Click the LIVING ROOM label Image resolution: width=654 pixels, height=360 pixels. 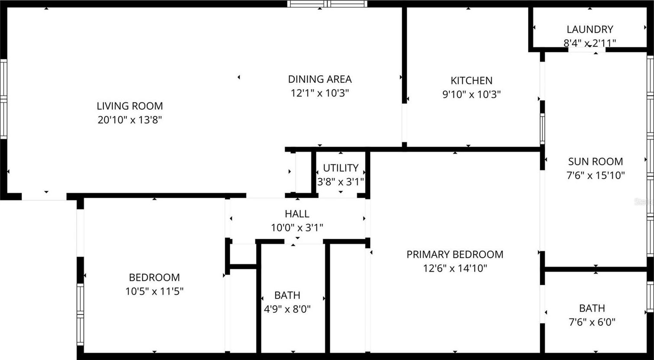[130, 106]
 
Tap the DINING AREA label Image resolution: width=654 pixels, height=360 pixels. [320, 79]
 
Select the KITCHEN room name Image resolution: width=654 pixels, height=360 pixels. [471, 80]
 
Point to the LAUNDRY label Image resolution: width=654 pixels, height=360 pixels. [590, 29]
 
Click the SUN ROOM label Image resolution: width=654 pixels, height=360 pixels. [595, 161]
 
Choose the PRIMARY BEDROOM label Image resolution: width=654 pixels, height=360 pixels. [455, 254]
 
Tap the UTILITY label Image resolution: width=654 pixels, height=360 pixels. [341, 168]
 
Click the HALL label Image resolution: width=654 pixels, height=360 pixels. [297, 214]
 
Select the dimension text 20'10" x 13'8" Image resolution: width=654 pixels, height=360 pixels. [130, 120]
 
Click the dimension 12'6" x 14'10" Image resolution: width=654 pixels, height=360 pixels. [455, 268]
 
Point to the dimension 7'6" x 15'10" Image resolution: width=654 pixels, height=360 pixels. [595, 175]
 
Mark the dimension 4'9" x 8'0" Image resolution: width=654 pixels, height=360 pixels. [287, 309]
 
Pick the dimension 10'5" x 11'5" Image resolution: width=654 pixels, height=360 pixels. [154, 291]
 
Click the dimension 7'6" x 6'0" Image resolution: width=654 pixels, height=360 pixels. [592, 322]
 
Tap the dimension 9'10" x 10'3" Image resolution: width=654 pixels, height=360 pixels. [471, 94]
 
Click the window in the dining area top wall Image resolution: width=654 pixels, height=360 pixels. [327, 4]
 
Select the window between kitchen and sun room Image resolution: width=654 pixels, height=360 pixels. [542, 129]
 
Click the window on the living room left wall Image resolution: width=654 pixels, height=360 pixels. [3, 99]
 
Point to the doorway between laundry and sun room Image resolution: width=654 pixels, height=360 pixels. [587, 50]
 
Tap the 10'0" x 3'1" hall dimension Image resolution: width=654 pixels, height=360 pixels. [297, 228]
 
